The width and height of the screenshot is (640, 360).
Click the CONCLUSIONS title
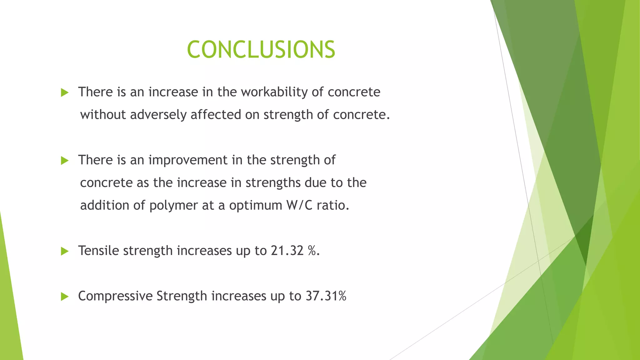point(261,50)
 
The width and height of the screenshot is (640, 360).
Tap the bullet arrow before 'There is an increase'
point(65,92)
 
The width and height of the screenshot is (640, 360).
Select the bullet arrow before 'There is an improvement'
point(65,161)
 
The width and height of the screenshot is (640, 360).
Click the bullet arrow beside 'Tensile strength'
point(65,251)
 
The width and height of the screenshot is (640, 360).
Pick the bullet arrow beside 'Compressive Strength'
point(65,297)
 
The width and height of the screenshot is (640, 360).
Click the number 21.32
point(287,251)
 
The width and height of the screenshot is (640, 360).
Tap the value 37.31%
point(326,296)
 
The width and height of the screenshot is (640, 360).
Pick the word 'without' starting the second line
point(103,115)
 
